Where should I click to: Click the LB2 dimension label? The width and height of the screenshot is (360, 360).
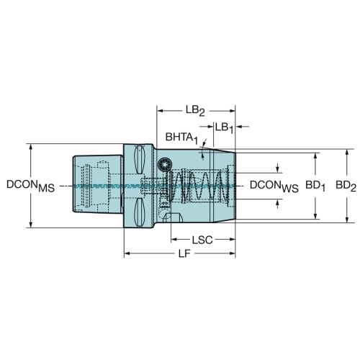point(195,111)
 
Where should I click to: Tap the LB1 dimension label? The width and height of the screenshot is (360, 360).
point(224,127)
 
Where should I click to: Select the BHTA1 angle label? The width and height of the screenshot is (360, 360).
point(181,138)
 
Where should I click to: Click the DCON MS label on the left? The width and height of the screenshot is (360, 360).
point(30,186)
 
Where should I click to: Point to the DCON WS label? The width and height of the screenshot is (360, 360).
point(274,186)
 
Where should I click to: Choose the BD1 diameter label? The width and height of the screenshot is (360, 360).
point(315,186)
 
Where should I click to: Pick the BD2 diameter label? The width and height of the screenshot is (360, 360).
point(346,186)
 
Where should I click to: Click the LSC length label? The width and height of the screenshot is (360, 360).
point(202,240)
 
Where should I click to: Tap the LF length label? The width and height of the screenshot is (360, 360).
point(184,253)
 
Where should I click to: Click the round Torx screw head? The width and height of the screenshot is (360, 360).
point(165,165)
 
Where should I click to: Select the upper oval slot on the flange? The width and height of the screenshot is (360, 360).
point(139,159)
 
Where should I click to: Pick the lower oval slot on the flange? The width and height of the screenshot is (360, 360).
point(139,212)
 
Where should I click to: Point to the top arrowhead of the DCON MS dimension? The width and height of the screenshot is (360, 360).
point(31,148)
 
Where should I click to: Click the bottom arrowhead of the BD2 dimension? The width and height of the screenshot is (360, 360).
point(346,220)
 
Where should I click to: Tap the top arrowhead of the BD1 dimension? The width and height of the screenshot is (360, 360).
point(315,156)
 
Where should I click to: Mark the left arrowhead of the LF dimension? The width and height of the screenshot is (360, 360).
point(127,253)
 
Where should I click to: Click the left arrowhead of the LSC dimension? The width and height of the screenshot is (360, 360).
point(174,239)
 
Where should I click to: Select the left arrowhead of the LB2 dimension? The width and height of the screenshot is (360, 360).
point(160,111)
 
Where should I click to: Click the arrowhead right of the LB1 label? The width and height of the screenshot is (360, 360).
point(238,126)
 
